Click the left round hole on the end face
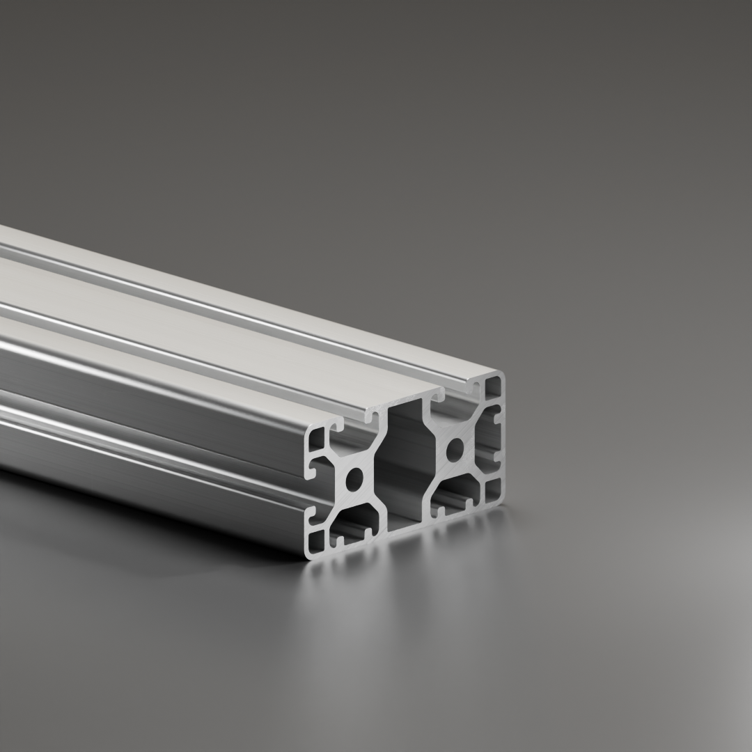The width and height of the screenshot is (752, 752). [354, 478]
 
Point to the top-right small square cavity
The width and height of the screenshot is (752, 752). [494, 388]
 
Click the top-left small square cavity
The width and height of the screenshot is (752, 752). [318, 439]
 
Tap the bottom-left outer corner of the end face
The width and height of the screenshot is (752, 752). [308, 556]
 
